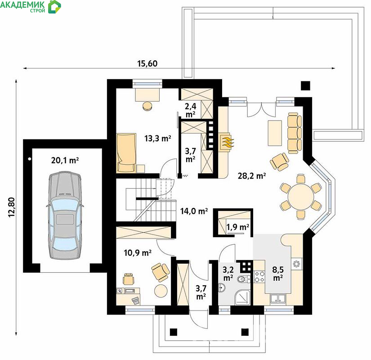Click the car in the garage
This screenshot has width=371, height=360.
(x=65, y=216)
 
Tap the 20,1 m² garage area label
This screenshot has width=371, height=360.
(x=65, y=160)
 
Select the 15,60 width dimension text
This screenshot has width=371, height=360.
(x=148, y=63)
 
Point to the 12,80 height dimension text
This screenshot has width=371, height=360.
(x=12, y=207)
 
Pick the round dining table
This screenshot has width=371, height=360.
(x=301, y=197)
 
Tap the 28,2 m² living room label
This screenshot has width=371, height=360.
(x=252, y=176)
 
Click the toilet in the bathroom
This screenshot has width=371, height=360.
(x=243, y=279)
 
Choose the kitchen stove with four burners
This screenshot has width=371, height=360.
(x=259, y=277)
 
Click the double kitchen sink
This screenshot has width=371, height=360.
(x=278, y=299)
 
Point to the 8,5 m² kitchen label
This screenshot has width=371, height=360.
(x=278, y=273)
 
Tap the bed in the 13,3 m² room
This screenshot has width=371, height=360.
(x=126, y=153)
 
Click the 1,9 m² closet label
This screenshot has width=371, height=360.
(x=238, y=227)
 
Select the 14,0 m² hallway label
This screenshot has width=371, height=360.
(x=194, y=211)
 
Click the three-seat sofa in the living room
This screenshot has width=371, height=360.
(x=295, y=132)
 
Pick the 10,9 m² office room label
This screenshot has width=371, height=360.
(x=138, y=253)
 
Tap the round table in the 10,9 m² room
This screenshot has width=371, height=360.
(x=161, y=291)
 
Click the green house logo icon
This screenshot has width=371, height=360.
(x=55, y=7)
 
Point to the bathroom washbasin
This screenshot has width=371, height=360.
(x=222, y=288)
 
